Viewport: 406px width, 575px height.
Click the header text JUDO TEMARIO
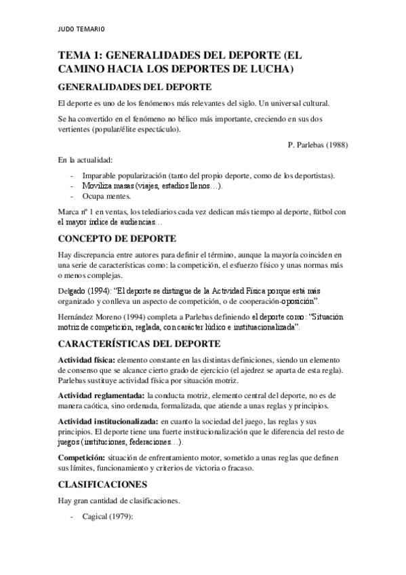81,29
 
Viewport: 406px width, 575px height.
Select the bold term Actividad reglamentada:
101,395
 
